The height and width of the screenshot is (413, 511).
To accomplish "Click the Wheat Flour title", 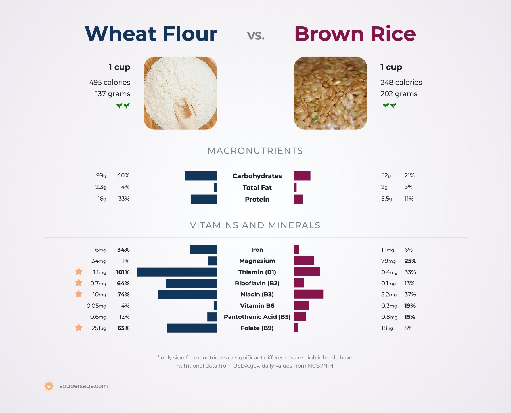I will point(151,34).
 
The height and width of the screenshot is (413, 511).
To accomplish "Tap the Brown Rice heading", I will point(355,34).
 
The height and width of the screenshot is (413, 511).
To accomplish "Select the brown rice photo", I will point(330,93).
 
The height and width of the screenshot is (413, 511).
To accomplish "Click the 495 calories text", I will point(110,82).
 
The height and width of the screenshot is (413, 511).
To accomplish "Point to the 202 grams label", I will point(399,94).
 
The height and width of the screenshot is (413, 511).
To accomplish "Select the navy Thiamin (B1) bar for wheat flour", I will point(177,272).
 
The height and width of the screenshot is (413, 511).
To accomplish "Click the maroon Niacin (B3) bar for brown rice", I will point(309,294).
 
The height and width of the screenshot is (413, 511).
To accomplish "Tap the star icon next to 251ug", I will point(79,328).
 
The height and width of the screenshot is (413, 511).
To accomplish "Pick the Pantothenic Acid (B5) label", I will point(257,317).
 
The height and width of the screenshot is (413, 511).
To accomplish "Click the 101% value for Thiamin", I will point(123,272).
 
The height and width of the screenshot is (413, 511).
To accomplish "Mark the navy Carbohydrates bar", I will point(201,176).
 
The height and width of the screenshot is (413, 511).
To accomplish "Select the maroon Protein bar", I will point(298,199).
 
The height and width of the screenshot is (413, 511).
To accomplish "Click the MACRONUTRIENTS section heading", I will point(255,151).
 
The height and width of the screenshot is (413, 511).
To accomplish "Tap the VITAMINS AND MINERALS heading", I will point(255,225).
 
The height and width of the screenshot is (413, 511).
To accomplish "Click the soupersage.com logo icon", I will point(49,386).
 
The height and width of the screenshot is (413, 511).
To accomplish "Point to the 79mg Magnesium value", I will point(388,261).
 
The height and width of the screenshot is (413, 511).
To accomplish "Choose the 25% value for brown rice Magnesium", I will point(410,261).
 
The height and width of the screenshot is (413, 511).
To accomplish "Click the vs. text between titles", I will point(256,35).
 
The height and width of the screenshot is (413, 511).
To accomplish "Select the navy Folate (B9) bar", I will point(192,328).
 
